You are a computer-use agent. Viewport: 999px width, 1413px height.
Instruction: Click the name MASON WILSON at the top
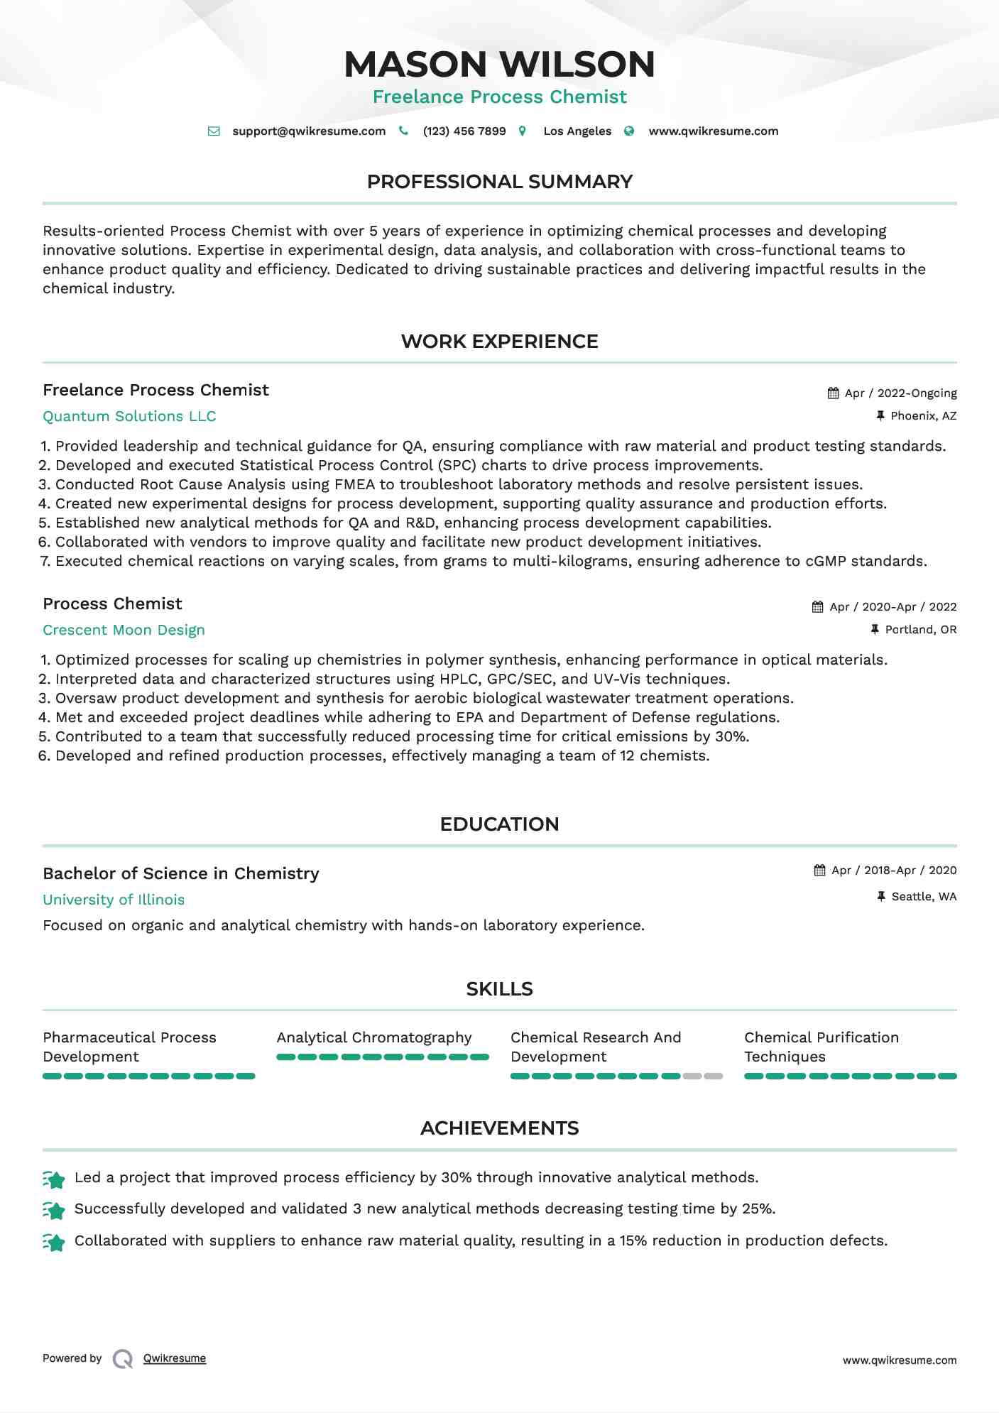click(499, 64)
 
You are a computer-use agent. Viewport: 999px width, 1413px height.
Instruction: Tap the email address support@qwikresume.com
click(309, 131)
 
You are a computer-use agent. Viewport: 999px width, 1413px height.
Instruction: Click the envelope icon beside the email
click(214, 131)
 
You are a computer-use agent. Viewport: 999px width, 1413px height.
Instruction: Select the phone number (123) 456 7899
click(464, 131)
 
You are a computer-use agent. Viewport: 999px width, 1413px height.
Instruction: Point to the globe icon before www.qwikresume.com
click(629, 131)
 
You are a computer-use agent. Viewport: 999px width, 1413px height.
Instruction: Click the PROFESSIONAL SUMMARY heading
click(499, 182)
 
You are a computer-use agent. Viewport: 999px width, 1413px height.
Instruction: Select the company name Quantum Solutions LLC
click(129, 416)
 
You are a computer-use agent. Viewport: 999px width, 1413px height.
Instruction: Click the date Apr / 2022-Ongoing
click(900, 393)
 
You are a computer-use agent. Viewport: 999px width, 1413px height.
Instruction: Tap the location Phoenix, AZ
click(923, 416)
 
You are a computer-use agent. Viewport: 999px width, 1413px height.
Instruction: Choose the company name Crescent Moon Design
click(124, 630)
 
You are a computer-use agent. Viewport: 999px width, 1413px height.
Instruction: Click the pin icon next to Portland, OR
click(875, 630)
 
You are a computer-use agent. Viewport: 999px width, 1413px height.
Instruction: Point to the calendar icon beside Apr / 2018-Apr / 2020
click(819, 871)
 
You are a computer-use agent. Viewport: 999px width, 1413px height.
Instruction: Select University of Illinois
click(114, 900)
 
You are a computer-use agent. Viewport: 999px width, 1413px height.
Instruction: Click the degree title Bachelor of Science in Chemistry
click(181, 873)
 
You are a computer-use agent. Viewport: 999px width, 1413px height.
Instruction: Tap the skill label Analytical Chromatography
click(374, 1037)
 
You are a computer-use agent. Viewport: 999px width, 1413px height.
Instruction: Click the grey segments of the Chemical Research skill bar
click(703, 1076)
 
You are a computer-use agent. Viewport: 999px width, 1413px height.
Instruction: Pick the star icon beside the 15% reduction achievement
click(54, 1242)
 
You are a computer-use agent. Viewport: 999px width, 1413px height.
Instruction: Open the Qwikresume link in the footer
click(175, 1358)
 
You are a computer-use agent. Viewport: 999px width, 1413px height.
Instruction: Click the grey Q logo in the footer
click(123, 1359)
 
